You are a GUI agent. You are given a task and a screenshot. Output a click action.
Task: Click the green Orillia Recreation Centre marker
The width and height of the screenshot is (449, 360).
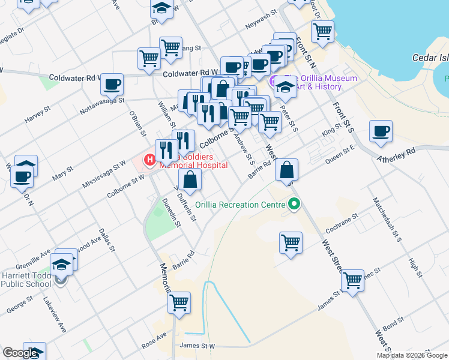coord(294,205)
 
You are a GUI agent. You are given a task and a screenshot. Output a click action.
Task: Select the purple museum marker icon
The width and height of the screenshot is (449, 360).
coord(274,81)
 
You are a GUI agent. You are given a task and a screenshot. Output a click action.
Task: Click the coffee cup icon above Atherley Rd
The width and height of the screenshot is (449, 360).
coord(381,131)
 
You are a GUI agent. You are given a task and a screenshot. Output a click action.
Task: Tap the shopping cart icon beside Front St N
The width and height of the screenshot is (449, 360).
coord(323,31)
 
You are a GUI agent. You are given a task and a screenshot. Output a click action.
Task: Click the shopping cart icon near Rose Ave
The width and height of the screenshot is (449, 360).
coord(179,303)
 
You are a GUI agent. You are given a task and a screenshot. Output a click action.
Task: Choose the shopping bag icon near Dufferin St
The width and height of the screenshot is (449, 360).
coord(190,179)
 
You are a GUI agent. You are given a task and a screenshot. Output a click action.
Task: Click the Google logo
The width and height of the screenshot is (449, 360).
coord(20,353)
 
